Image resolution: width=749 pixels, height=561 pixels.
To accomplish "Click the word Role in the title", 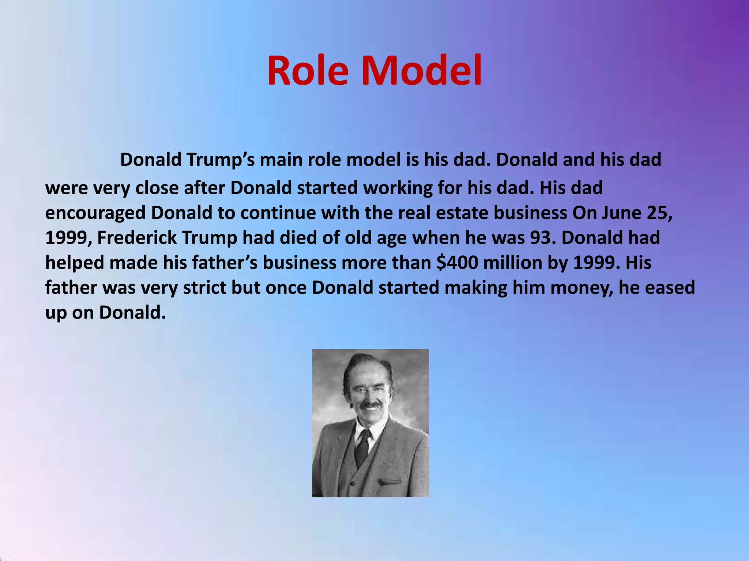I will [308, 70].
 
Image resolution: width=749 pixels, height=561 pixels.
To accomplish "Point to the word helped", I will [75, 263].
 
